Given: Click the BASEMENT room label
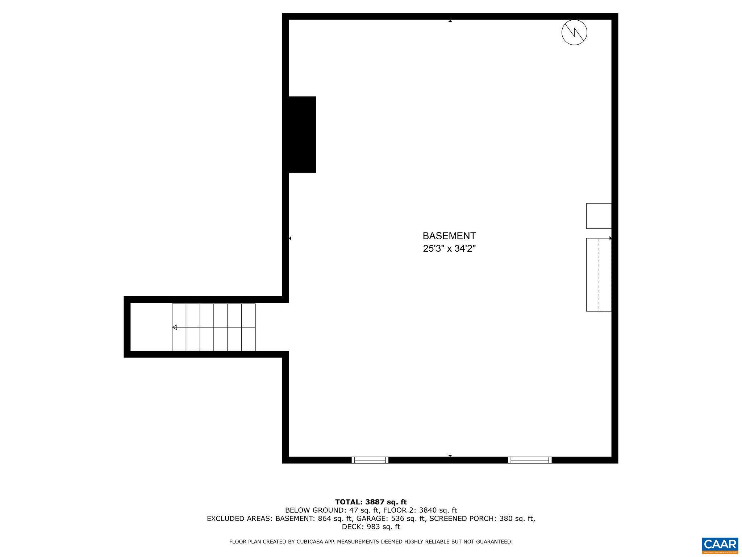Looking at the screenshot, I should coord(449,236).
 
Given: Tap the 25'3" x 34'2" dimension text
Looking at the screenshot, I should coord(449,249).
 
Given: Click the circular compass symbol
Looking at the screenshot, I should coord(574,32).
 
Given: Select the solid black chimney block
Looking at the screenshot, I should coord(302,135).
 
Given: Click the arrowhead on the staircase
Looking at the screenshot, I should coord(174,327).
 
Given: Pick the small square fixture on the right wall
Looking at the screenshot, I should coord(599,216).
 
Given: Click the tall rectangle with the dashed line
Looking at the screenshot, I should coord(599,275).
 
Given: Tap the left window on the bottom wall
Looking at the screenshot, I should coord(370,460).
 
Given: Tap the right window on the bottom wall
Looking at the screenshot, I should coord(530,460).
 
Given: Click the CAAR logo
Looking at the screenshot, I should coord(720,545).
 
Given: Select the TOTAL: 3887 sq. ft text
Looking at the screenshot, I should coord(371,502).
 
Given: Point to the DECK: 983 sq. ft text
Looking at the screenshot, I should coord(371,527).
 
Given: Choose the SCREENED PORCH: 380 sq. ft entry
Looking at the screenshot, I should coord(482,519).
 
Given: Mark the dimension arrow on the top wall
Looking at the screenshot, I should coord(450,21).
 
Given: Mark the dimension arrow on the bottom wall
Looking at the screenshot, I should coord(450,455).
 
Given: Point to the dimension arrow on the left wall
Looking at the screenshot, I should coord(290,238).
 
